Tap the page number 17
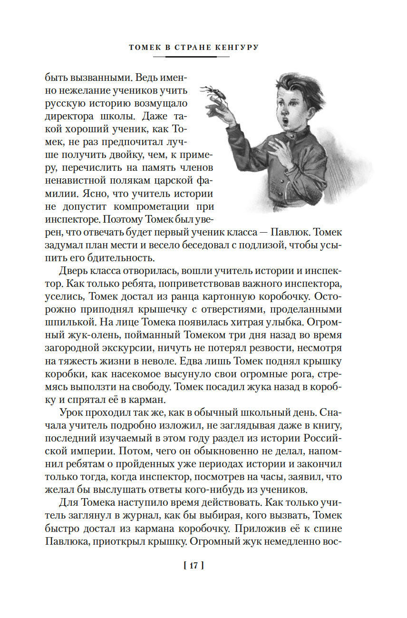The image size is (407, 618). [193, 566]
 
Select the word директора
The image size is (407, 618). [72, 116]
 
